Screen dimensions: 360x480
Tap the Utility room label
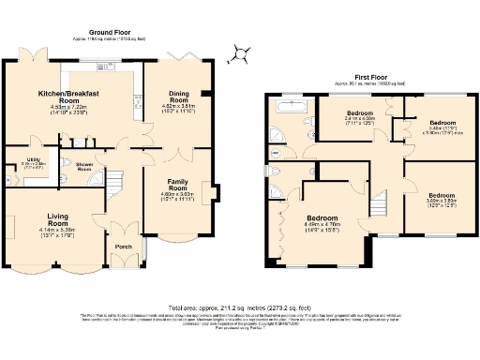coord(32,161)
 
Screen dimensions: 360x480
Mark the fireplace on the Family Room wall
coord(217,194)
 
